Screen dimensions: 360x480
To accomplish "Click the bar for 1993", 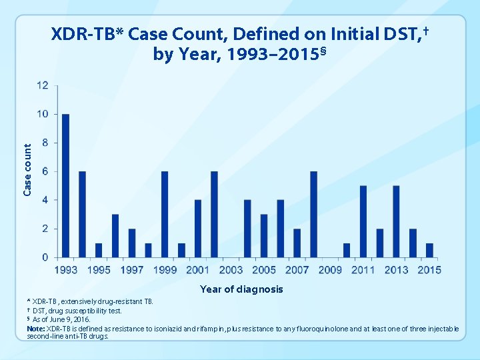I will coord(65,185).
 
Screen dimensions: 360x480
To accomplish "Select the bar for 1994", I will coord(82,214).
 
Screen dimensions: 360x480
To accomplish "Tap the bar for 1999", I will coord(165,214).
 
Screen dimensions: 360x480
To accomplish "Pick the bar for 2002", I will coord(214,214).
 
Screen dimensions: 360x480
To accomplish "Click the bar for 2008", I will coord(313,214).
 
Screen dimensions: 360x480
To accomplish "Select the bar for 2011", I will coord(363,221).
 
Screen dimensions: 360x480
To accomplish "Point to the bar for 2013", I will coord(396,221).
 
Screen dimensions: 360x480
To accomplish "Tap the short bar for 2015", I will coord(429,250).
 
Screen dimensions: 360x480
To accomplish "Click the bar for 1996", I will coord(115,235).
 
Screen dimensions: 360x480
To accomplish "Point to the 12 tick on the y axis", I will coord(42,85).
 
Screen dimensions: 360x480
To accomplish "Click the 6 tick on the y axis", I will coord(45,171).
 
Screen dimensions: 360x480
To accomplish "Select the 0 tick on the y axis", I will coord(45,257).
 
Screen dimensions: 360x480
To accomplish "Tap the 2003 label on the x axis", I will coord(231,270).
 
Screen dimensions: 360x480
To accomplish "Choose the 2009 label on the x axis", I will coord(330,270).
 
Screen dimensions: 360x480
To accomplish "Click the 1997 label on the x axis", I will coord(132,270).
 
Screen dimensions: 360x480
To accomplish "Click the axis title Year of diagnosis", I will coord(241,289).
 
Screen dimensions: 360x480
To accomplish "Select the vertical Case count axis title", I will coord(27,171).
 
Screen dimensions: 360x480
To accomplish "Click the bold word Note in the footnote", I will coord(36,329).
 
